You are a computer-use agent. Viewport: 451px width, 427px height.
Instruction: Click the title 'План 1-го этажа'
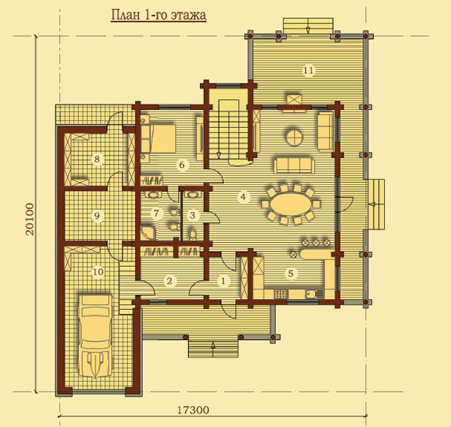(x=159, y=15)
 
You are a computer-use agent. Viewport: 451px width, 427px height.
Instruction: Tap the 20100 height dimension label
(x=29, y=220)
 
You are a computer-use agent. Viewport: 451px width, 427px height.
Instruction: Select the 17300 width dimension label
(x=192, y=410)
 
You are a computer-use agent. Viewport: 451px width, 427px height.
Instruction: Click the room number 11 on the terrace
(x=309, y=70)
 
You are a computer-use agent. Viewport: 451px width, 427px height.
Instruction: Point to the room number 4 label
(x=243, y=197)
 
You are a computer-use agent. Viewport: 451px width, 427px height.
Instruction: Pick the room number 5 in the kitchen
(x=291, y=274)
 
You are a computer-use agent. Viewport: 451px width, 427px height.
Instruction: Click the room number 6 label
(x=182, y=165)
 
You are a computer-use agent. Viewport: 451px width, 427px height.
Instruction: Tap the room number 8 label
(x=97, y=159)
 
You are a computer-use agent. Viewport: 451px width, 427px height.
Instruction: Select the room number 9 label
(x=97, y=215)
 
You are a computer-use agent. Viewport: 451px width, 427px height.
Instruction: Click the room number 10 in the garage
(x=98, y=271)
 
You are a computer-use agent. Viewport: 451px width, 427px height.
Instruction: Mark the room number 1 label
(x=223, y=280)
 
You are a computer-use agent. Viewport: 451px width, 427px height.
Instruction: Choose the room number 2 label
(x=169, y=280)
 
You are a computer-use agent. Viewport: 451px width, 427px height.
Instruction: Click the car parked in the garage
(x=95, y=335)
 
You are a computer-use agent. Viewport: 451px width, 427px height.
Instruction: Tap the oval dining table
(x=290, y=204)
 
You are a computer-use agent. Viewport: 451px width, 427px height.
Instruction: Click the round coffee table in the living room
(x=294, y=137)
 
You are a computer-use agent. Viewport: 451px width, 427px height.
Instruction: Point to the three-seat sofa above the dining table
(x=294, y=165)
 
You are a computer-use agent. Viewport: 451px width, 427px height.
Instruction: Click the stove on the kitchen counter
(x=280, y=294)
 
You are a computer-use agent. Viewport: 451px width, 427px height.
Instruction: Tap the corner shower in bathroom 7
(x=148, y=232)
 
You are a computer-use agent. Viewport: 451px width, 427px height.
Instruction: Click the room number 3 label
(x=192, y=215)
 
